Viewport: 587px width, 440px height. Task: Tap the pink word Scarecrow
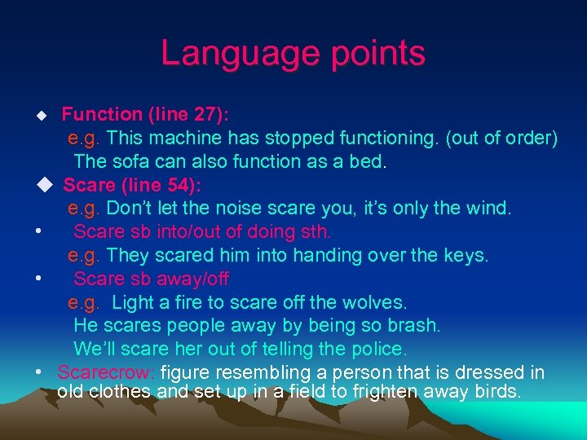(x=106, y=373)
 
